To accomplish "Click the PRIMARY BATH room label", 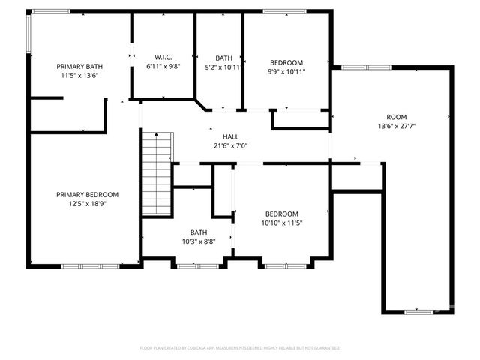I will point(79,66).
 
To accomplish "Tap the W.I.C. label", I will point(163,57).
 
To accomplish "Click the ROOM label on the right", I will point(396,117).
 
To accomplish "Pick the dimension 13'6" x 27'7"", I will point(396,126).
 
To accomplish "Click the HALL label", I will point(230,137).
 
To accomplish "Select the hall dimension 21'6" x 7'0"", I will point(230,146).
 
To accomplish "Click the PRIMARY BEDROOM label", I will point(87,194).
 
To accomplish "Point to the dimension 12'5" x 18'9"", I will point(87,203).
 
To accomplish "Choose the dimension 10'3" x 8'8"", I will point(199,241).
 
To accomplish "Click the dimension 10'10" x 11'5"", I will point(282,222).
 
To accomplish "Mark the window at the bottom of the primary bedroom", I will point(90,265).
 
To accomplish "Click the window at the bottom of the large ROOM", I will point(417,311).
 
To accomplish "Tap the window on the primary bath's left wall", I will point(29,34).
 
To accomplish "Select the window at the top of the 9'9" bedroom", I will point(279,11).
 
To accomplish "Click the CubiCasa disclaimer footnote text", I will point(240,348).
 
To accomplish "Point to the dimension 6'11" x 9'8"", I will point(163,66).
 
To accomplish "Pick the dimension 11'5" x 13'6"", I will point(79,75).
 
